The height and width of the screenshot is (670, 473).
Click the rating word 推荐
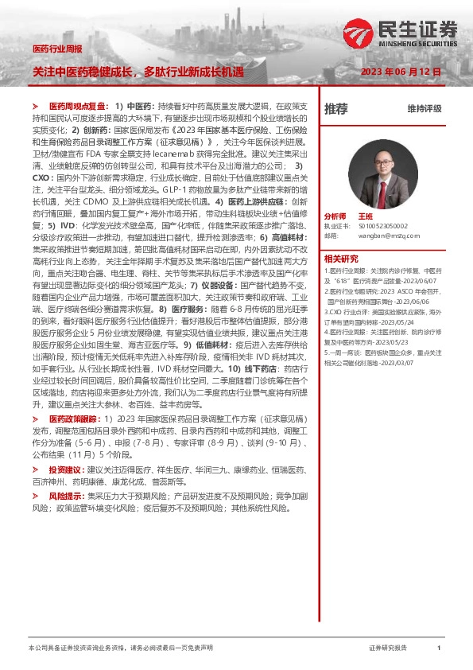[337, 109]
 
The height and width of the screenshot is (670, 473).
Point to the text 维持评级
[424, 109]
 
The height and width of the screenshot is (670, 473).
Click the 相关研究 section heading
[341, 258]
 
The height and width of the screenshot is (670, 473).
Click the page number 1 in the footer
[439, 649]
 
